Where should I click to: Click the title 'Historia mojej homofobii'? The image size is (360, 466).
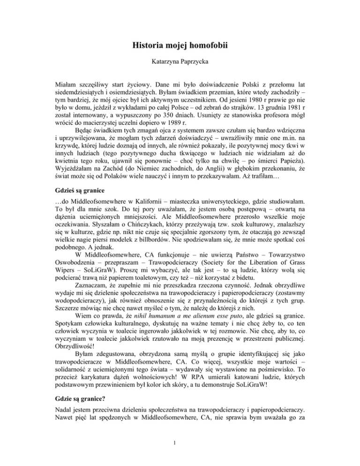click(180, 47)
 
